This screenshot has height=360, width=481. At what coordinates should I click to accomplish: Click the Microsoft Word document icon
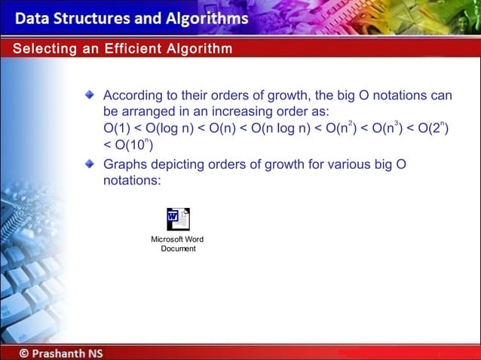coord(178,219)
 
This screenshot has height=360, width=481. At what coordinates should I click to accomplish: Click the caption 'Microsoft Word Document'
coord(178,244)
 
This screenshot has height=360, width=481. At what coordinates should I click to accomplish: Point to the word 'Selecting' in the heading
coord(39,49)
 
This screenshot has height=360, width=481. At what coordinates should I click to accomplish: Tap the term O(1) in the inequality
coord(117,129)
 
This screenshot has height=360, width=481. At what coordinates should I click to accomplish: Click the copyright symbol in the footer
coord(24,352)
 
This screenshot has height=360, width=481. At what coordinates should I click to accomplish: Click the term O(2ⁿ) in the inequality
coord(433,129)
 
